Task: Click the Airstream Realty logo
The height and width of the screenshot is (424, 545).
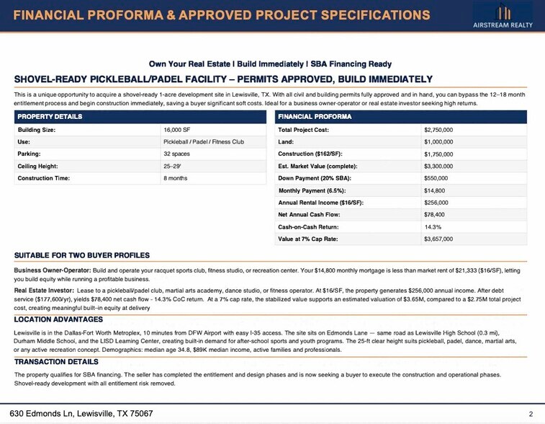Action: (x=503, y=16)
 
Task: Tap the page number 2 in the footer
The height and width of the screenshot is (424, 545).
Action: (x=530, y=414)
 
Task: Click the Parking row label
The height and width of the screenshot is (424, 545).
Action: (x=29, y=154)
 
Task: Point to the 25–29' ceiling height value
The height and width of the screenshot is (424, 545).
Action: (x=174, y=166)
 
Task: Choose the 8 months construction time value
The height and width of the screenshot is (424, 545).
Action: (x=176, y=178)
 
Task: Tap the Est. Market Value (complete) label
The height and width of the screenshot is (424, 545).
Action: (x=315, y=166)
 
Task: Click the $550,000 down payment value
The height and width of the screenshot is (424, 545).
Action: (x=436, y=178)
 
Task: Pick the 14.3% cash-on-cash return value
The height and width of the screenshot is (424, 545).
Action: (x=433, y=226)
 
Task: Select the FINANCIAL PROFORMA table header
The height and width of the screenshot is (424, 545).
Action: (x=315, y=117)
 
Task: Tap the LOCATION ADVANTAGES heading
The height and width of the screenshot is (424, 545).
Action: (x=58, y=319)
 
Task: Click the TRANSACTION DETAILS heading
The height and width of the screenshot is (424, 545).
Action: (x=56, y=361)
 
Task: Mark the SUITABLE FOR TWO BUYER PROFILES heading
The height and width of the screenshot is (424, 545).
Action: (x=82, y=255)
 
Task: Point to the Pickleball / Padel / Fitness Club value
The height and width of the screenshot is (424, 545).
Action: (x=204, y=142)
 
